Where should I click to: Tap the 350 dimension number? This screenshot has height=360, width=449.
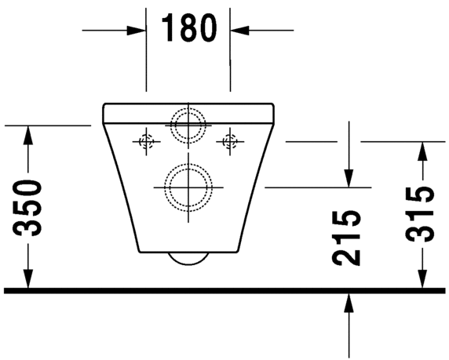(x=29, y=209)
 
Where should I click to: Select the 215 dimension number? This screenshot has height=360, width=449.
(x=347, y=236)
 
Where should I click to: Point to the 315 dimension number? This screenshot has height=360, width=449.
(x=422, y=213)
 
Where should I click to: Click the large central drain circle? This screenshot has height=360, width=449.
(x=188, y=187)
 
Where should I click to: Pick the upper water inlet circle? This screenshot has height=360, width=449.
(x=188, y=124)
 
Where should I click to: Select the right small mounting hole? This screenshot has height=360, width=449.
(x=229, y=141)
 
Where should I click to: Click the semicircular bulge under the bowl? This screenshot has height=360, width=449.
(x=188, y=260)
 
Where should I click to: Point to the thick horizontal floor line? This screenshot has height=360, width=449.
(x=224, y=290)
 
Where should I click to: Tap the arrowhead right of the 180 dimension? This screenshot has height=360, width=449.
(x=238, y=30)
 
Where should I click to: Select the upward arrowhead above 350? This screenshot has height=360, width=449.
(x=29, y=133)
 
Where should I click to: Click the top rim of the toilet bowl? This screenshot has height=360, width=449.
(x=188, y=104)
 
